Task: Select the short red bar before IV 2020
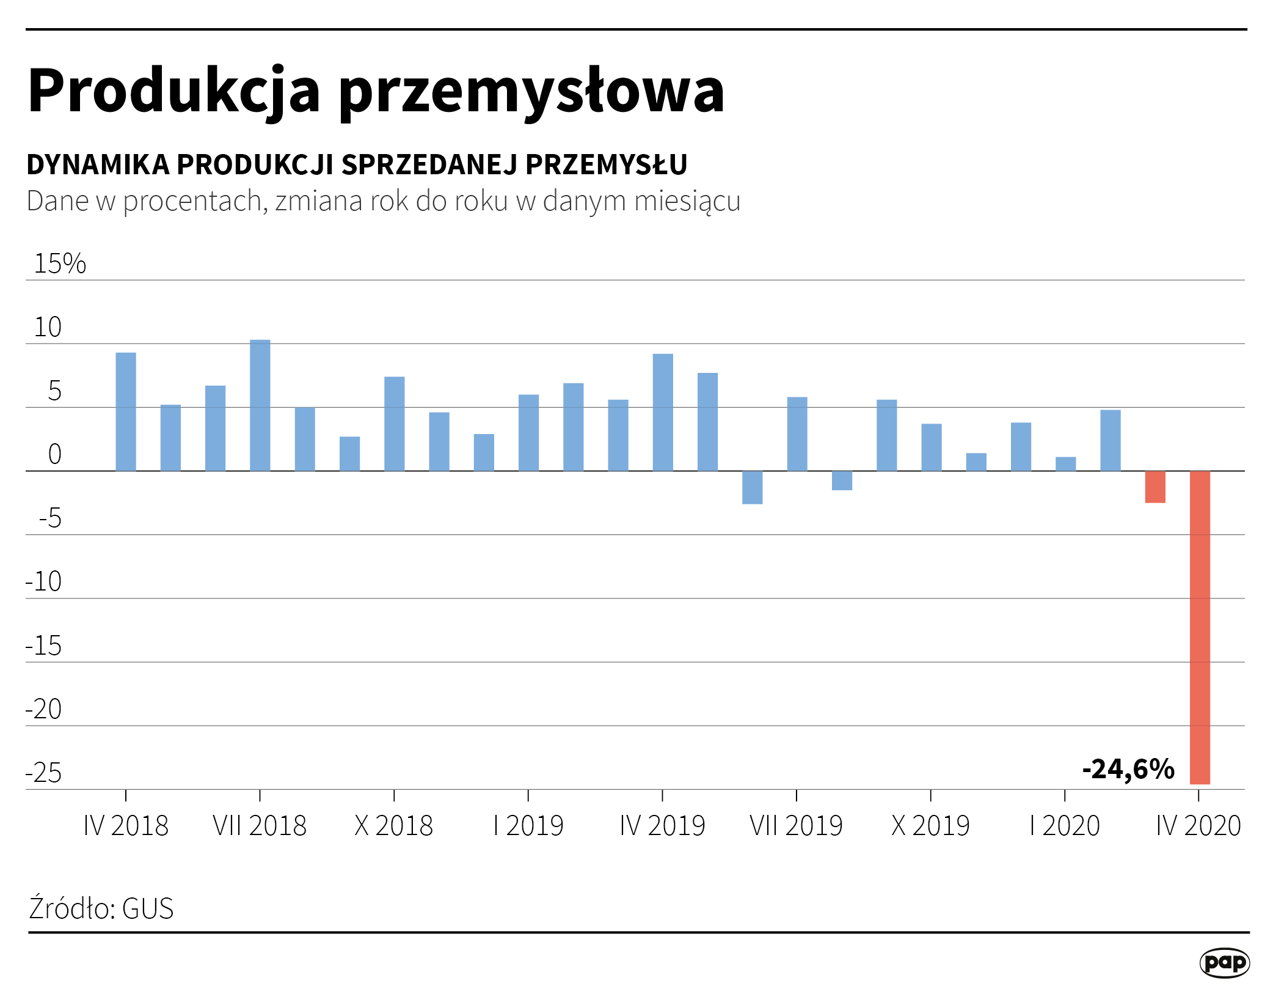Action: click(1155, 487)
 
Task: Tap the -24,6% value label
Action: click(1128, 769)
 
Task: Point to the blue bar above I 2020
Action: click(1066, 464)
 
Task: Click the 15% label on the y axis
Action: click(60, 263)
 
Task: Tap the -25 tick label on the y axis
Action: click(44, 773)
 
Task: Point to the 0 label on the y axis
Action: click(54, 455)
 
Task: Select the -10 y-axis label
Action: click(44, 581)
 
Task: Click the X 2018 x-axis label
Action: click(394, 826)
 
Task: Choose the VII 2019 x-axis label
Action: click(796, 826)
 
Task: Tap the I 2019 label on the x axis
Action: click(528, 826)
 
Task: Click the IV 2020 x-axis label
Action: click(1198, 826)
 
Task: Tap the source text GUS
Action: click(148, 908)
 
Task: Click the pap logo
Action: click(1225, 963)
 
